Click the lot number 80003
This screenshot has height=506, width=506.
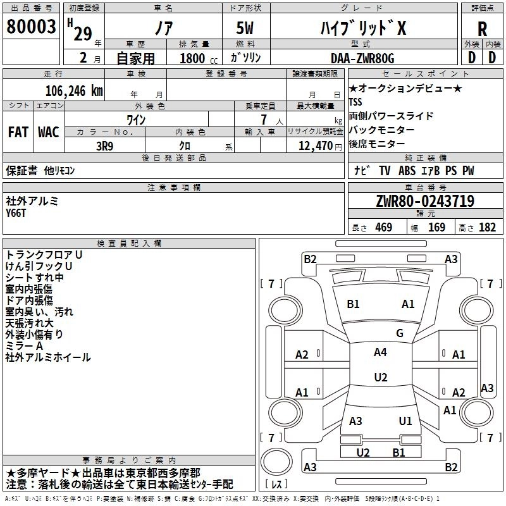tap(30, 28)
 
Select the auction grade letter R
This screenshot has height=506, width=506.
tap(482, 28)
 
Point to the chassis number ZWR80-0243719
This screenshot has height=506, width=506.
tap(424, 201)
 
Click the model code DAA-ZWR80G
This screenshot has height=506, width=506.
tap(362, 58)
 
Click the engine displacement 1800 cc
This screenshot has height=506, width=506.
tap(193, 58)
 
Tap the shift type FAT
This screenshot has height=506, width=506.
tap(18, 132)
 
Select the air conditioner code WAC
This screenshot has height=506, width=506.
tap(49, 132)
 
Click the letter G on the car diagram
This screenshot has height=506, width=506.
tap(400, 333)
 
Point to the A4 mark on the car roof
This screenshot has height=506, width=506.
tap(380, 352)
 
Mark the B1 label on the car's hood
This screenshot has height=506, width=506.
tap(353, 304)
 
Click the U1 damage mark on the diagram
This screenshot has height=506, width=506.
tap(405, 421)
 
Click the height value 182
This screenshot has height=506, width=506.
tap(487, 228)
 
